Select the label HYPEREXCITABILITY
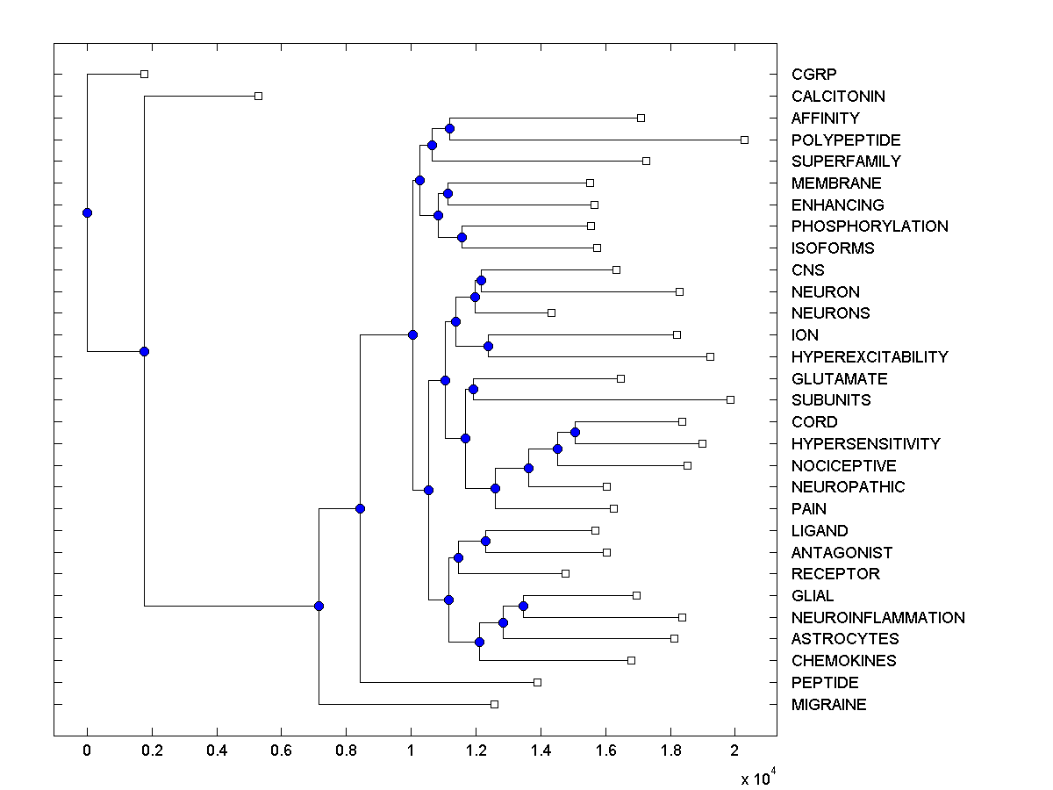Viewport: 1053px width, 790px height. (869, 357)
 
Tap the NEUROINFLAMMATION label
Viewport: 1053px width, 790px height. (877, 618)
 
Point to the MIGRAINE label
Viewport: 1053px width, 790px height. (828, 705)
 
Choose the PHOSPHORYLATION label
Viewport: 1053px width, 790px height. (869, 226)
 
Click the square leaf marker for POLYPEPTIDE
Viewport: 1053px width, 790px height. (744, 140)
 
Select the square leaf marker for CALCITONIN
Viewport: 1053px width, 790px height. (258, 96)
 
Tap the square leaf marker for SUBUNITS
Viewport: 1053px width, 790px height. (730, 400)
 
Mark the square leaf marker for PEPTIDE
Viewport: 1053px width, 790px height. (538, 682)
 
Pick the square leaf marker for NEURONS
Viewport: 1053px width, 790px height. (551, 312)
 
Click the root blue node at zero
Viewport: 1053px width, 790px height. (87, 212)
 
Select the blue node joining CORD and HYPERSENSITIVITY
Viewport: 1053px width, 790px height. (575, 432)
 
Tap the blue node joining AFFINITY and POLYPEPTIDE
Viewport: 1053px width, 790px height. (449, 129)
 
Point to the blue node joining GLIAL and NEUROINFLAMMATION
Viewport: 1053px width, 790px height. (523, 606)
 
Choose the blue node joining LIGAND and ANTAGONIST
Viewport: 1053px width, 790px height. (485, 541)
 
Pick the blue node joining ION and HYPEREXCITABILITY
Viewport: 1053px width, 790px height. (488, 346)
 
